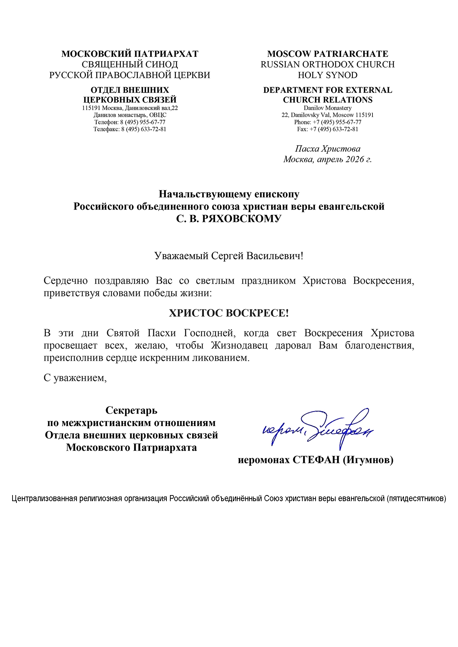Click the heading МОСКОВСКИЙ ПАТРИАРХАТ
[130, 54]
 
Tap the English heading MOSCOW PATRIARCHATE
[327, 54]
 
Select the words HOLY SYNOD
[327, 75]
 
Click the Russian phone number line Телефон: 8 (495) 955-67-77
[130, 122]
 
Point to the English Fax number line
[327, 129]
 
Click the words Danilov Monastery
[327, 108]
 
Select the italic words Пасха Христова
[327, 149]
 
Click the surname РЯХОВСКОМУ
[242, 219]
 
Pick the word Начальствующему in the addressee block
[205, 194]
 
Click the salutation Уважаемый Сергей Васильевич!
[229, 256]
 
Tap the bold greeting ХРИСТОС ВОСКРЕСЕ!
[229, 313]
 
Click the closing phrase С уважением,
[75, 378]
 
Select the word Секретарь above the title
[131, 410]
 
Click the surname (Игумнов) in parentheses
[368, 460]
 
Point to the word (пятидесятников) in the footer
[416, 498]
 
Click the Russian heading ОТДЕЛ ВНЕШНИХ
[130, 90]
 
